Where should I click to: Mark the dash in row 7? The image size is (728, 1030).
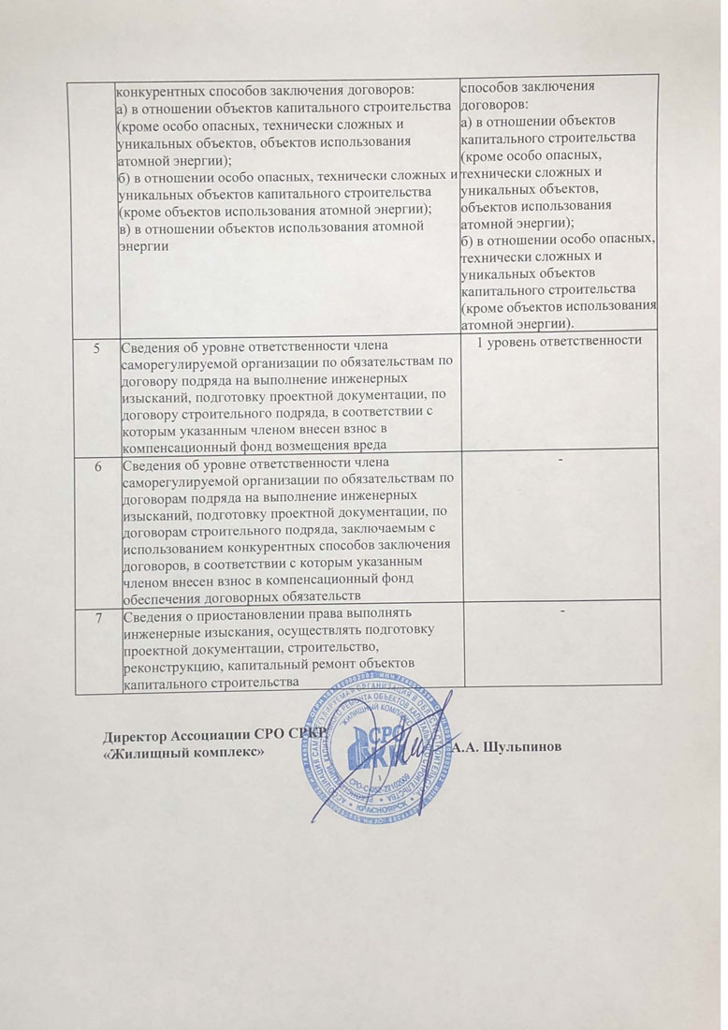point(561,610)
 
